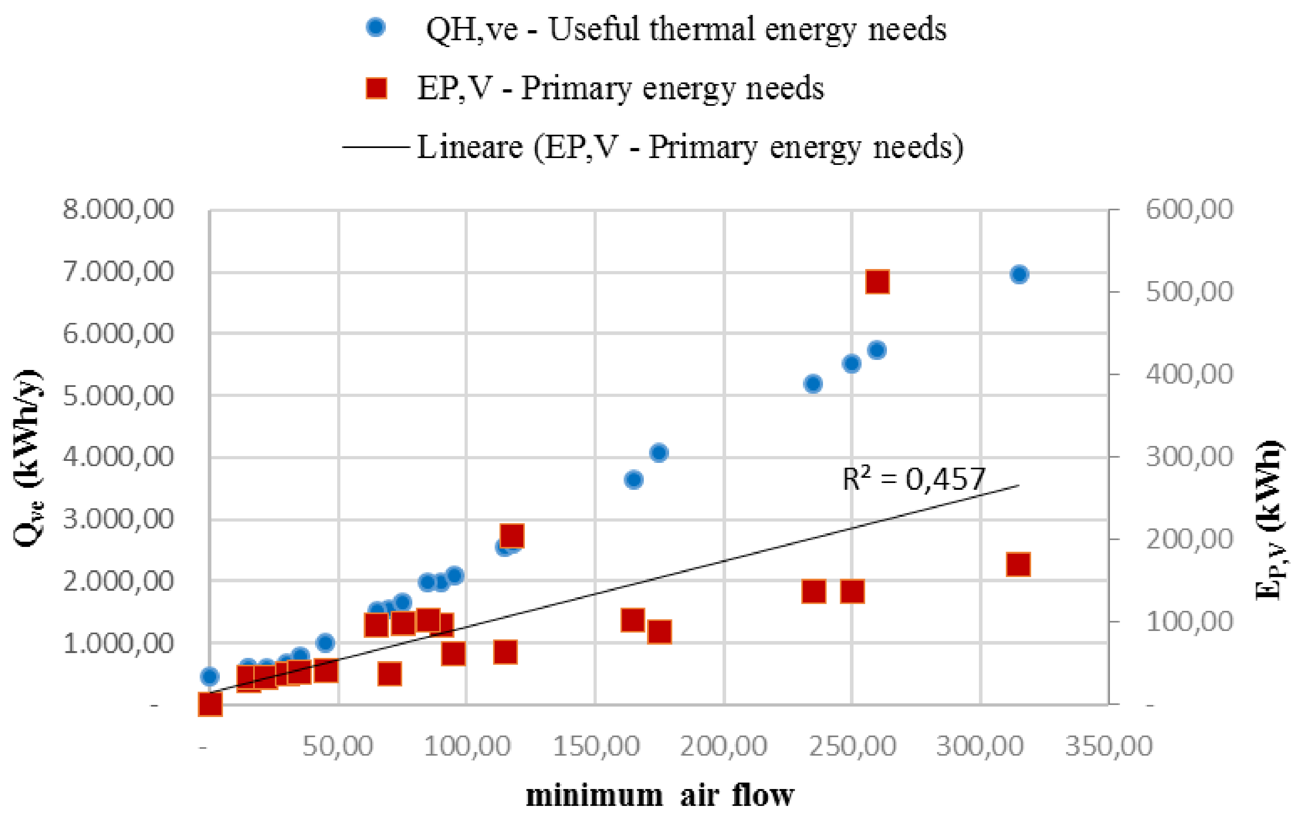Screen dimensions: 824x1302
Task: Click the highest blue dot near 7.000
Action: coord(1019,274)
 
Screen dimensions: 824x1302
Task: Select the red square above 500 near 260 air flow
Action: coord(877,282)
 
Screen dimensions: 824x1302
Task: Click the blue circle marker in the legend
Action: coord(375,27)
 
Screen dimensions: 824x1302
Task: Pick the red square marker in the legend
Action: coord(376,88)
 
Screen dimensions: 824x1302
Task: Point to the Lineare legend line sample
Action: coord(375,147)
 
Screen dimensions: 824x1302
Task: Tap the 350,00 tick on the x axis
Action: coord(1108,746)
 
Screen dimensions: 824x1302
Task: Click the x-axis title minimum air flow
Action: coord(660,796)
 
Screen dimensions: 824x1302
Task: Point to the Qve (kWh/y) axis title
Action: coord(27,458)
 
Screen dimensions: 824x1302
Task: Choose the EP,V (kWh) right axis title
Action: coord(1269,520)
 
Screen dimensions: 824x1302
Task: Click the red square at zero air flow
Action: coord(210,704)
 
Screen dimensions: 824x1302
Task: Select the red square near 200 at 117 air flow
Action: coord(512,536)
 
